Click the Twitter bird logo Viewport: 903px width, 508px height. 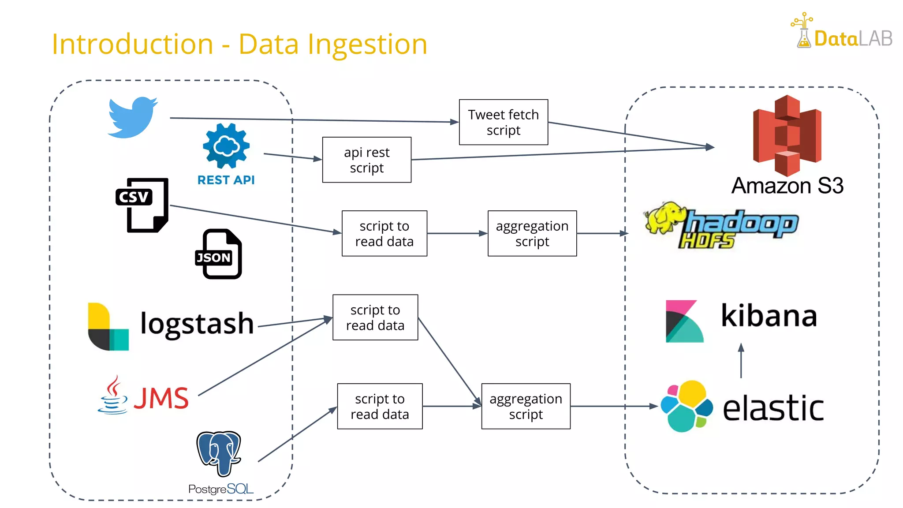[132, 117]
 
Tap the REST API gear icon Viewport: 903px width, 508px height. [226, 146]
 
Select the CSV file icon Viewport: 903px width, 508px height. [142, 205]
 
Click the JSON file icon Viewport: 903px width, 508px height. [219, 254]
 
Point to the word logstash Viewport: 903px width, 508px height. [197, 324]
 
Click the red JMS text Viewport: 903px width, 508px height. [161, 398]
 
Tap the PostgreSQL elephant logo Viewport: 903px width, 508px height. [219, 453]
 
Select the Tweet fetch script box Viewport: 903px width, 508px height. [504, 122]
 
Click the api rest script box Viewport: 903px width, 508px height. [367, 160]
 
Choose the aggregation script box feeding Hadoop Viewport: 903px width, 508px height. [532, 233]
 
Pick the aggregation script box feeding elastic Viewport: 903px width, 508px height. [526, 406]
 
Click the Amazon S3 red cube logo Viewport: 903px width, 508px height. [787, 136]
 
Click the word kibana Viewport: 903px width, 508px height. [769, 316]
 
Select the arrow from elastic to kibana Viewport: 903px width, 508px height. [741, 361]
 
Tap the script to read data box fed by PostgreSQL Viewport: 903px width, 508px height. [380, 406]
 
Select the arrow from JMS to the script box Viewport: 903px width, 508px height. [265, 357]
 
